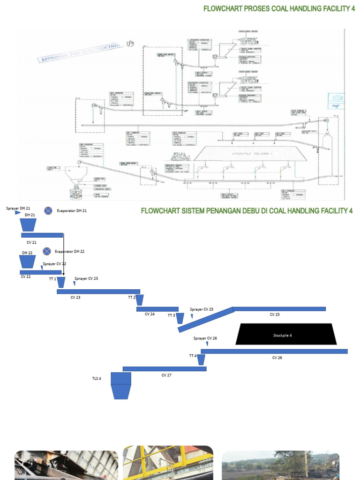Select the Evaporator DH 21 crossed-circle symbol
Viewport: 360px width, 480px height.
(48, 211)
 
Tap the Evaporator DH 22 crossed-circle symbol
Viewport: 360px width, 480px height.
(46, 252)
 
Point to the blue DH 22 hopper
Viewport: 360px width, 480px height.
(27, 262)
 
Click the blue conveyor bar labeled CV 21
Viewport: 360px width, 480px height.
(42, 235)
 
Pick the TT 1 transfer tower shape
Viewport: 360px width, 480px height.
(61, 283)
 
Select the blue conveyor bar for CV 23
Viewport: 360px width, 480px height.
(98, 292)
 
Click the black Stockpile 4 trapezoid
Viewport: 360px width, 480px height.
(285, 334)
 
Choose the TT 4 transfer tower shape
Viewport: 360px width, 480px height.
(201, 360)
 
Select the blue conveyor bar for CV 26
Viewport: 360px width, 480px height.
(274, 351)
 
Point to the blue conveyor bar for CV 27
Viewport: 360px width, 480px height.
(164, 369)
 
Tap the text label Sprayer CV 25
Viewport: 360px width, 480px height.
(202, 309)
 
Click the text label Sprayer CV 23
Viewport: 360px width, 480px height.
(86, 278)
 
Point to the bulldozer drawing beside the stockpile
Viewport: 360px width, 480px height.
(178, 157)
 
